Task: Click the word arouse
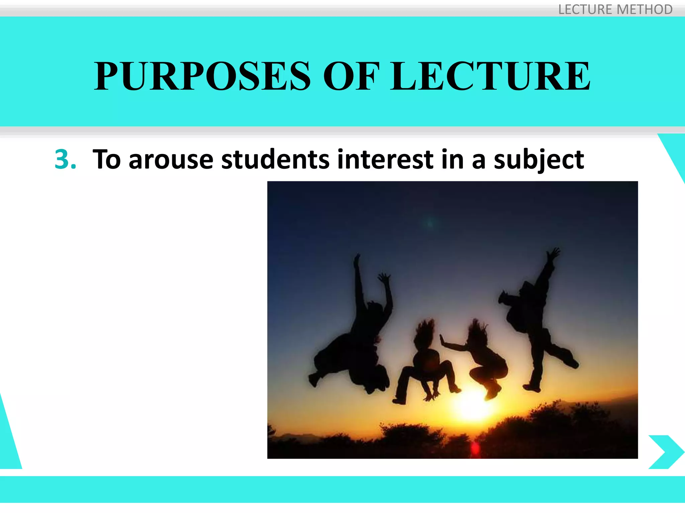click(x=171, y=160)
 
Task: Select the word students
click(x=275, y=160)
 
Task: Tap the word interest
click(x=385, y=160)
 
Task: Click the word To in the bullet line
click(x=106, y=160)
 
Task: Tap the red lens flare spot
click(x=475, y=449)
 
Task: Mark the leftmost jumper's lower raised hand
click(x=384, y=278)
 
